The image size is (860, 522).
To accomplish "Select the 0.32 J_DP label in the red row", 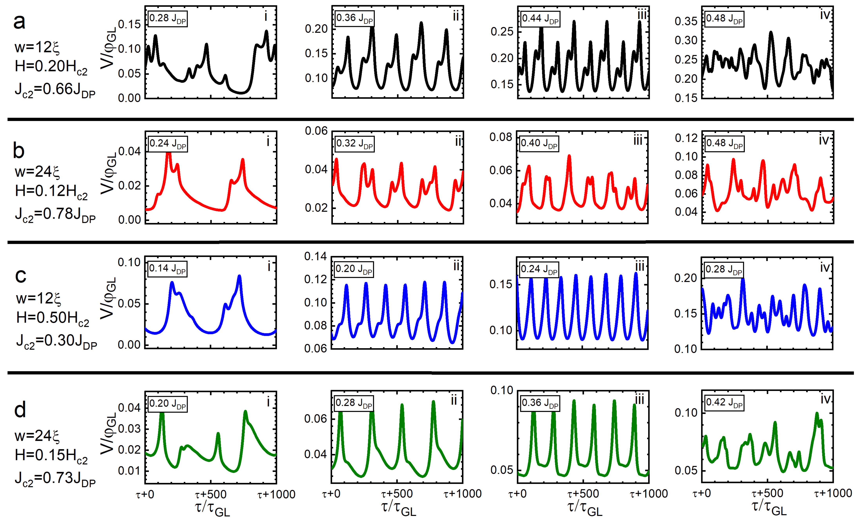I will pyautogui.click(x=354, y=144).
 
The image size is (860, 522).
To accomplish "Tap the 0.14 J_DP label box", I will pyautogui.click(x=167, y=269).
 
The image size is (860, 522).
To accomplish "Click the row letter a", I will pyautogui.click(x=19, y=22).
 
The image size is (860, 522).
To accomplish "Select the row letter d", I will pyautogui.click(x=20, y=409).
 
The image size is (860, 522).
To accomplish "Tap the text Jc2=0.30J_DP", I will pyautogui.click(x=57, y=341).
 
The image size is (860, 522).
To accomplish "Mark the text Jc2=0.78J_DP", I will pyautogui.click(x=55, y=214).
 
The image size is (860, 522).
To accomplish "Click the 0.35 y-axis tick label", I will pyautogui.click(x=685, y=21).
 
